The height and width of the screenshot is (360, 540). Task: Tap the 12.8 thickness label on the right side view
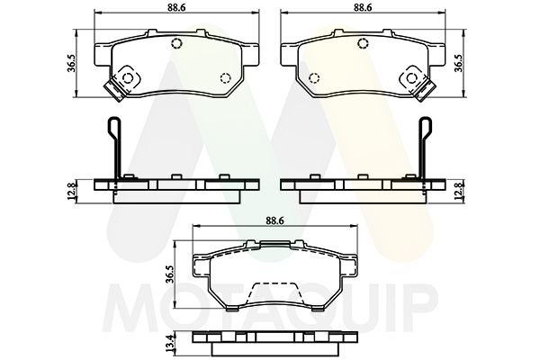coord(460,190)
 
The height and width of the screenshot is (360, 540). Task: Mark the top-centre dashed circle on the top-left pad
coord(177,44)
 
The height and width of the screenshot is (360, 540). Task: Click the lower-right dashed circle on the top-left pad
coord(224,76)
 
